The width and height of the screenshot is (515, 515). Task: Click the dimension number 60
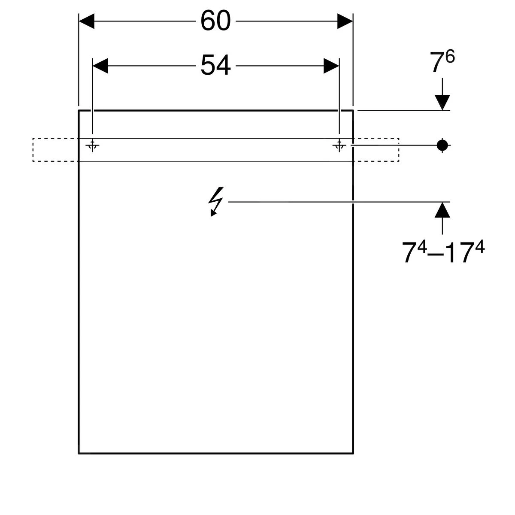click(215, 21)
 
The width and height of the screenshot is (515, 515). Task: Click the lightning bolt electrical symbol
click(216, 201)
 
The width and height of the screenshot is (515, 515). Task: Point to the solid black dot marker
click(442, 145)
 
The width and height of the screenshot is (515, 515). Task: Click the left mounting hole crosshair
click(92, 145)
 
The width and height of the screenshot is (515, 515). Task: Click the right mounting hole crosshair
click(339, 145)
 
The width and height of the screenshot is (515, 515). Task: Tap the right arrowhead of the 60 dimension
click(345, 21)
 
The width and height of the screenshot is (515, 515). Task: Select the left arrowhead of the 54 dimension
click(100, 66)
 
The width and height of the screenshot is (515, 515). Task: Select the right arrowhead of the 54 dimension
click(331, 66)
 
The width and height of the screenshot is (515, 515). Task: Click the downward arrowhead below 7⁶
click(442, 102)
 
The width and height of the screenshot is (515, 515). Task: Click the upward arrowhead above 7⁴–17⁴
click(442, 210)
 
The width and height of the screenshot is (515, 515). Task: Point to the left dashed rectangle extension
click(55, 150)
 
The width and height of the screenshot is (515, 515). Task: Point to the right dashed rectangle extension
click(376, 150)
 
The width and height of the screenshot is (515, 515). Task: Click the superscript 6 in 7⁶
click(450, 57)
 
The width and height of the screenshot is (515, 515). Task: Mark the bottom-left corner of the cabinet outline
click(79, 453)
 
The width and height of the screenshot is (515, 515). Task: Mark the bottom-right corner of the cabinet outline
click(353, 453)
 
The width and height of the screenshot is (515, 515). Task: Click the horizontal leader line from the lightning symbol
click(335, 202)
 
